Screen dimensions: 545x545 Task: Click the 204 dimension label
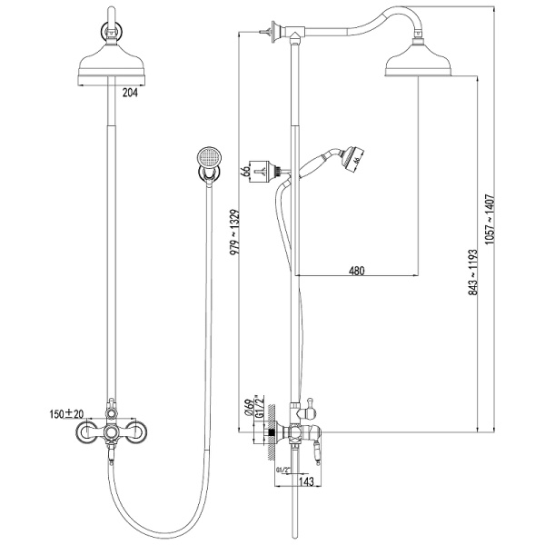click(133, 92)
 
